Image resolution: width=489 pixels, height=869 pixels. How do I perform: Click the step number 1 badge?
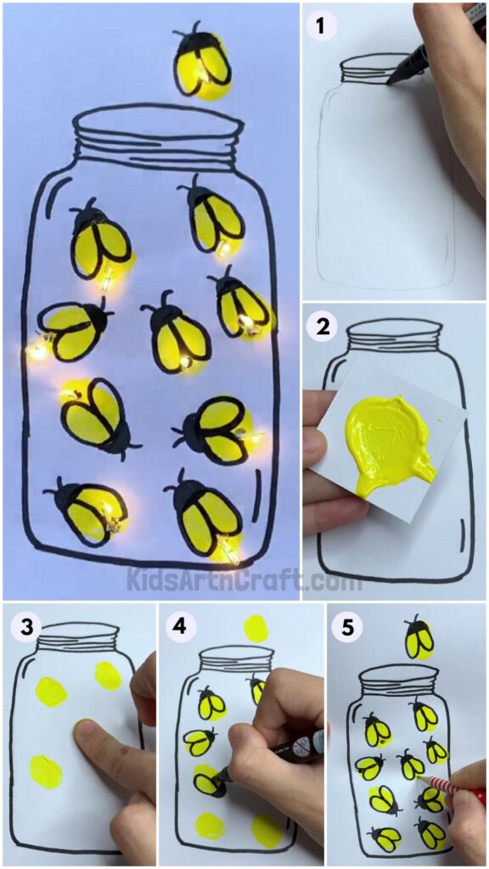click(x=322, y=25)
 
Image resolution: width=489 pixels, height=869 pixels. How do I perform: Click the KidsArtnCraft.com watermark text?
click(x=244, y=581)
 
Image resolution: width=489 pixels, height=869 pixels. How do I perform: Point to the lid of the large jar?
click(x=156, y=136)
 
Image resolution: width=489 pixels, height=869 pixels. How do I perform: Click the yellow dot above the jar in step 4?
click(x=254, y=629)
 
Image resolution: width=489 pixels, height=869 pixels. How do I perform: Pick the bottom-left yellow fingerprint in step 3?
click(x=45, y=770)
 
